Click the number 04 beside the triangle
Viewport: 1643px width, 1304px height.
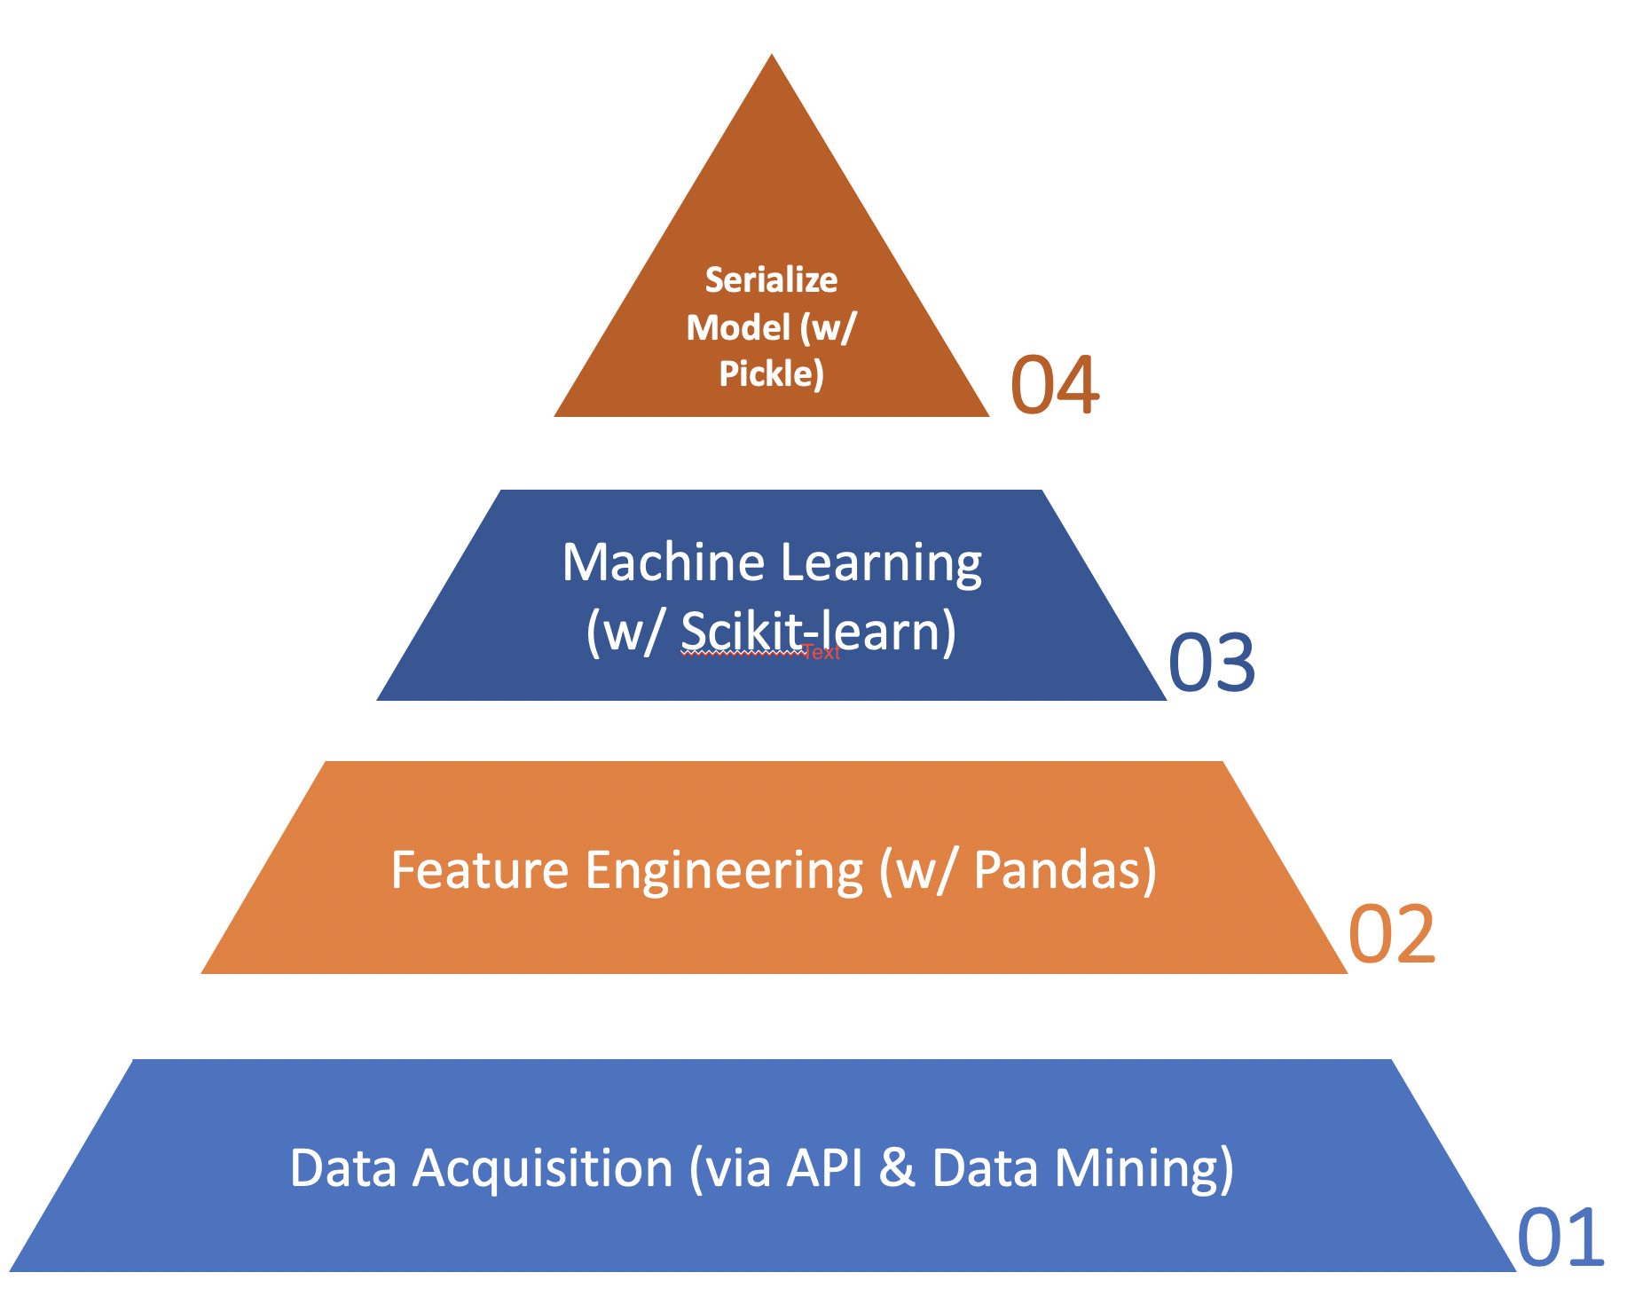(x=1055, y=385)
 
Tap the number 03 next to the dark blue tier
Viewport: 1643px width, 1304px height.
(x=1212, y=663)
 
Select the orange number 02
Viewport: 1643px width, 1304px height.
(x=1391, y=934)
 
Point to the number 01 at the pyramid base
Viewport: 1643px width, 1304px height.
(x=1560, y=1237)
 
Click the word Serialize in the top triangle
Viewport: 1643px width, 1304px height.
(x=771, y=279)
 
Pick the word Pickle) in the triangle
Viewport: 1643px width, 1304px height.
(x=771, y=373)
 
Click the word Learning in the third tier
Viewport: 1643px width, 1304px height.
(x=881, y=564)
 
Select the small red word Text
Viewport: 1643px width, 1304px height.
(x=821, y=653)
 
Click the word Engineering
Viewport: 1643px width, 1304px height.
(x=724, y=871)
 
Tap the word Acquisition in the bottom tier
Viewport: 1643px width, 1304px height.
(x=544, y=1168)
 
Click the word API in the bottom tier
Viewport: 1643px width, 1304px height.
(x=825, y=1167)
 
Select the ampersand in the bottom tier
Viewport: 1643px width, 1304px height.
(x=897, y=1167)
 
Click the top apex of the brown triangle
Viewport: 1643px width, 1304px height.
(x=772, y=54)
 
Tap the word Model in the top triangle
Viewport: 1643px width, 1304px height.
(x=738, y=327)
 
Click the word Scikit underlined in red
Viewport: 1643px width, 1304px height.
(x=742, y=632)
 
